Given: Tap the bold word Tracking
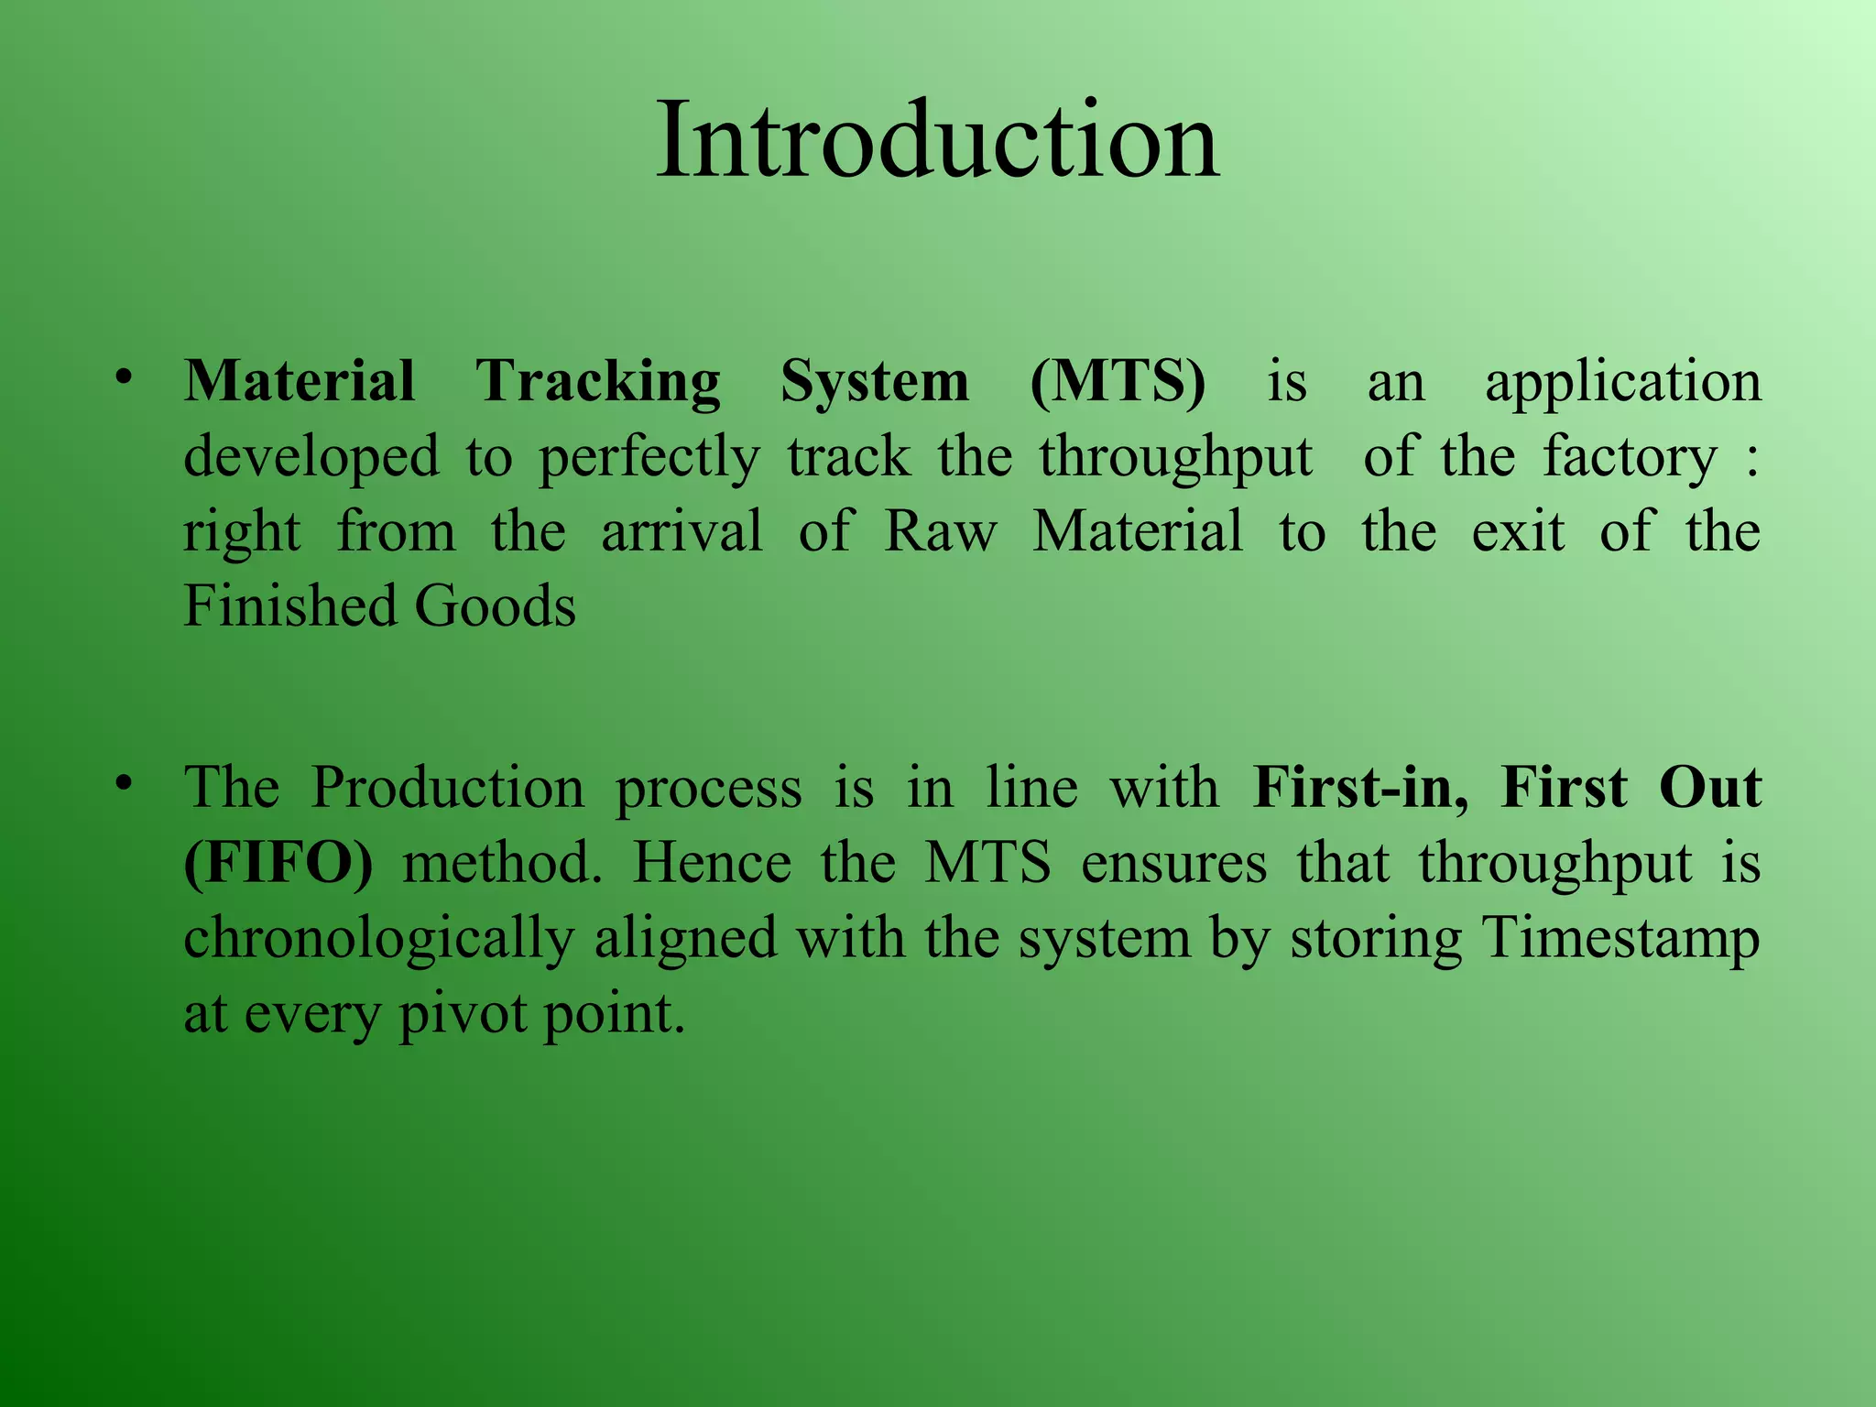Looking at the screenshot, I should tap(597, 382).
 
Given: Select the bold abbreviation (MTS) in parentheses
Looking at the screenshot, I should tap(1118, 381).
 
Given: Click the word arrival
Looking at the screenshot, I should tap(682, 531).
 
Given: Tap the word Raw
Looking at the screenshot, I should tap(941, 531).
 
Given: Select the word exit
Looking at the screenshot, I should tap(1517, 531).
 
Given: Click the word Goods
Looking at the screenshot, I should tap(495, 606).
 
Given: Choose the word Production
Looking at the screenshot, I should tap(447, 788).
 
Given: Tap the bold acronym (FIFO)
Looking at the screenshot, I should tap(278, 863).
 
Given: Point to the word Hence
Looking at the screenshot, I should tap(712, 863).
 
